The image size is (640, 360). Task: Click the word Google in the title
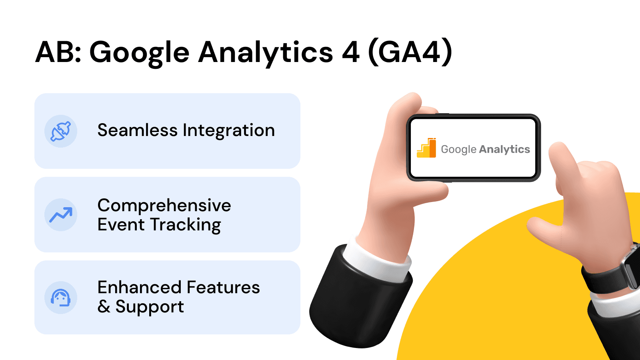pyautogui.click(x=139, y=53)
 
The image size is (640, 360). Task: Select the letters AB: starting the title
pyautogui.click(x=58, y=52)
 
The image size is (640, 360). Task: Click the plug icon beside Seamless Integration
pyautogui.click(x=61, y=131)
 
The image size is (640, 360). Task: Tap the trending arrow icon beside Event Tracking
pyautogui.click(x=61, y=215)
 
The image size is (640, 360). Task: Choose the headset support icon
pyautogui.click(x=61, y=298)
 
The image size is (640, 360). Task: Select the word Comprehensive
pyautogui.click(x=164, y=206)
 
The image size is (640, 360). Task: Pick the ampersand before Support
pyautogui.click(x=104, y=307)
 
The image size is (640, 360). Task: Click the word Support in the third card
pyautogui.click(x=150, y=307)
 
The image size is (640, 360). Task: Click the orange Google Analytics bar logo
pyautogui.click(x=426, y=148)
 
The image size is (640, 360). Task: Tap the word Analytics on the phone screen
pyautogui.click(x=504, y=149)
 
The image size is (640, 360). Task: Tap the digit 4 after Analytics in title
pyautogui.click(x=350, y=52)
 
